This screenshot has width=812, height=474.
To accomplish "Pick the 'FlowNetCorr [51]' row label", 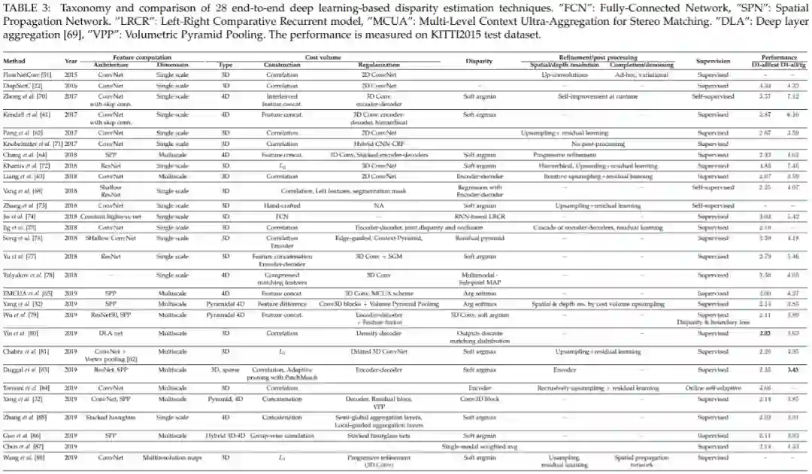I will point(27,74).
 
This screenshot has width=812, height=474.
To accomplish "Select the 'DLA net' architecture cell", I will point(111,331).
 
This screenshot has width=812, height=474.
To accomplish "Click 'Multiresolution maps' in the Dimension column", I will point(173,457).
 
